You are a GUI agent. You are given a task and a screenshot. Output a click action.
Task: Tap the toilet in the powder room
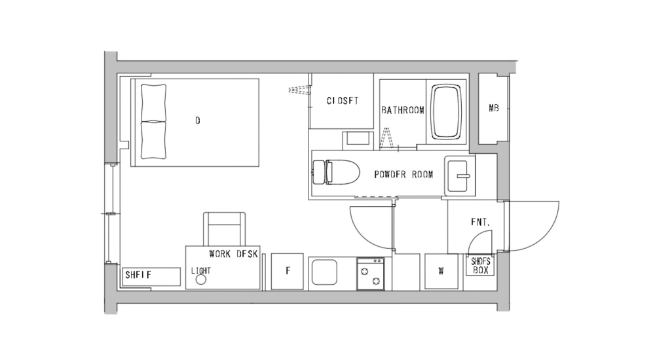341,173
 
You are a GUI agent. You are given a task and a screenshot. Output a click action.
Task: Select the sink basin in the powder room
460,175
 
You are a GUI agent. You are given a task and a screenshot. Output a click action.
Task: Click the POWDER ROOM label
403,175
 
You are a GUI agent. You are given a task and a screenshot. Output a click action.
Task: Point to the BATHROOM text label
403,111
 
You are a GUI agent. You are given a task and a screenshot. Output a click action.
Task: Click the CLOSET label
343,101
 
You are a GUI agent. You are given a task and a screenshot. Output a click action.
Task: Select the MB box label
494,109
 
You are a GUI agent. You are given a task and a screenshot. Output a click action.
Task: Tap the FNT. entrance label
480,223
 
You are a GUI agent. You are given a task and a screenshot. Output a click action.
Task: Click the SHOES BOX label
480,264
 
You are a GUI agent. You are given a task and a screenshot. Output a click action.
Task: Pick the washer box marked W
441,271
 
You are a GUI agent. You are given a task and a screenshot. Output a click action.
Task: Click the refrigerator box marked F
287,271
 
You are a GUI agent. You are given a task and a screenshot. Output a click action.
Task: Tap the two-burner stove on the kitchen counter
370,273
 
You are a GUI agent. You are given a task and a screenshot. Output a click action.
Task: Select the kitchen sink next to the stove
324,272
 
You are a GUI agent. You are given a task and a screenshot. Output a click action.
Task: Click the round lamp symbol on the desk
201,279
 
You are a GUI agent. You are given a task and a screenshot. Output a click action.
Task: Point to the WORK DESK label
234,253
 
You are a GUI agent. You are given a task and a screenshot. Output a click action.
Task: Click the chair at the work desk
225,229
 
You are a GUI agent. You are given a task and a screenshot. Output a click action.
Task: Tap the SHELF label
138,276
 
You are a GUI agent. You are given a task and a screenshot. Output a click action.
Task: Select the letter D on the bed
197,120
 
